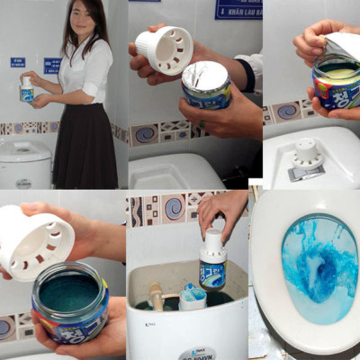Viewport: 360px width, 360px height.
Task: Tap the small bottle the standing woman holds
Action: coord(27,88)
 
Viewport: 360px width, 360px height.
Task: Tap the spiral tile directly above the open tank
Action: coord(171,209)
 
